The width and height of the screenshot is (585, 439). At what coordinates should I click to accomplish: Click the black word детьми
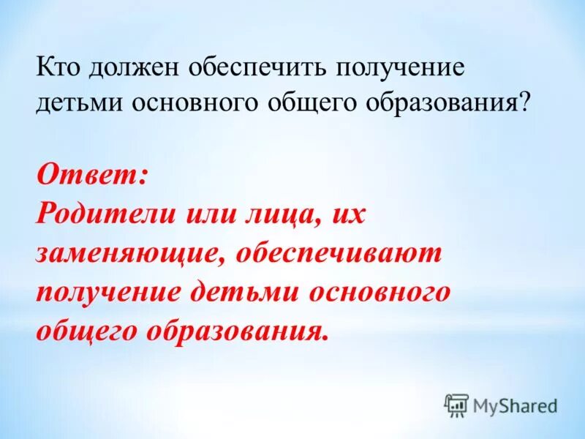[x=80, y=103]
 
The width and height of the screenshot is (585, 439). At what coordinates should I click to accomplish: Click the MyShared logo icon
[x=456, y=405]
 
